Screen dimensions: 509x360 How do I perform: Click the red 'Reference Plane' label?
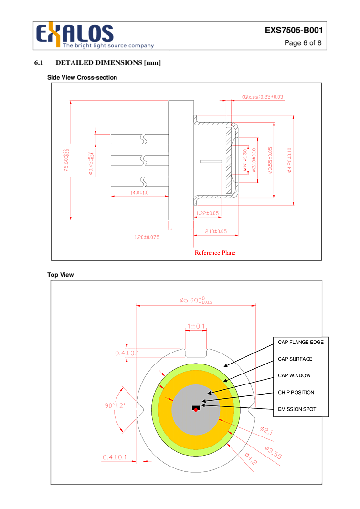point(215,253)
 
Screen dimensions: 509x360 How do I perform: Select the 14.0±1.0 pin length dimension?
point(139,193)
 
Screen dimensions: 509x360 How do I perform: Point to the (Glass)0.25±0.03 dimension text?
point(262,97)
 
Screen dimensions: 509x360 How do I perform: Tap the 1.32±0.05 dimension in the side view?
point(207,213)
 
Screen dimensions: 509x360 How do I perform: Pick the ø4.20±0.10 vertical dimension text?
point(289,160)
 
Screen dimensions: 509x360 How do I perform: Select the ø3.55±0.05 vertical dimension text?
point(270,160)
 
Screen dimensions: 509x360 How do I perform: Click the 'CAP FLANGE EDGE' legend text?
point(301,342)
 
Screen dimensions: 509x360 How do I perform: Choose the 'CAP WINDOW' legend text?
point(294,375)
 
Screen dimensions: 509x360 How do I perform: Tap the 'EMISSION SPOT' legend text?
point(297,409)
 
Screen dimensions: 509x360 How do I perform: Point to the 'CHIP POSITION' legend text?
point(296,392)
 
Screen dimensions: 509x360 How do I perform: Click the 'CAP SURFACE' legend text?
point(295,359)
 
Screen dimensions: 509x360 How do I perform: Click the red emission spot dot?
point(196,410)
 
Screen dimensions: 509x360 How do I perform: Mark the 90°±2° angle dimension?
point(115,405)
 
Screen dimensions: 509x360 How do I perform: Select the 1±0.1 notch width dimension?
point(196,326)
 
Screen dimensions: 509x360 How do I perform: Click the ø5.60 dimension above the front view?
point(196,300)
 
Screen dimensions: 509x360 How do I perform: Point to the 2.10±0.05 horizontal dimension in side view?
point(216,232)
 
